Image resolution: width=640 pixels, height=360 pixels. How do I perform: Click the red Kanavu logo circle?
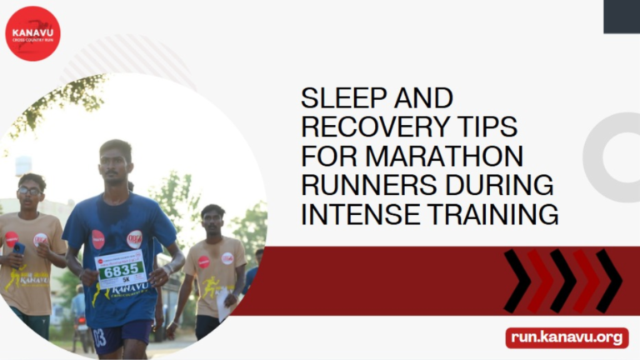(x=32, y=33)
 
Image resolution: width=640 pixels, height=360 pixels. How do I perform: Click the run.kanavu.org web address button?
(x=567, y=337)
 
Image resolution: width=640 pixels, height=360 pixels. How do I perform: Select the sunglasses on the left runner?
(x=30, y=192)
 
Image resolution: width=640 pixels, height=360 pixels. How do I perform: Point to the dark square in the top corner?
(x=621, y=16)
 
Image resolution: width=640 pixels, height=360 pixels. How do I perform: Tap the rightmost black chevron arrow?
(x=607, y=281)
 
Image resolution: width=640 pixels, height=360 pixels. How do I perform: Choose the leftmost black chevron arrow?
(x=517, y=281)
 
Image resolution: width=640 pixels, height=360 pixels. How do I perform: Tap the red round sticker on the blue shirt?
(x=98, y=239)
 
